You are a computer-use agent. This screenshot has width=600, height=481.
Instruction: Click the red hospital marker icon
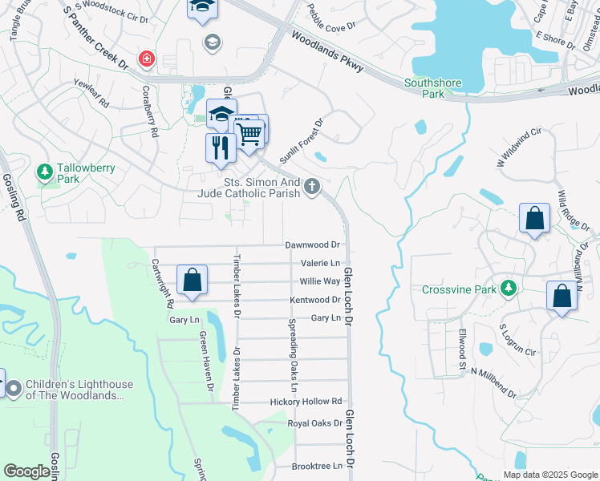point(146,59)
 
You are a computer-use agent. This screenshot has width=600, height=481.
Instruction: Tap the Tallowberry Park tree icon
point(45,172)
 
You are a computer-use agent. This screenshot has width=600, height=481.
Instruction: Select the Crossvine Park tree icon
point(506,288)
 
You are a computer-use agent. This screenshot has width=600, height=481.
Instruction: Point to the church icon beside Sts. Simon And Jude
point(312,188)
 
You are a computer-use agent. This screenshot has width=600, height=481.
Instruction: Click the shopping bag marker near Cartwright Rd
point(192,281)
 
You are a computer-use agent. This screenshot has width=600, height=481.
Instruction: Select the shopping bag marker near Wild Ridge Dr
point(534,218)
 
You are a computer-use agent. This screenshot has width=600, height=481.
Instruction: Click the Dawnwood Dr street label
point(313,245)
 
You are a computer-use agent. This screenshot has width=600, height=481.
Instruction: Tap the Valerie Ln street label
point(320,263)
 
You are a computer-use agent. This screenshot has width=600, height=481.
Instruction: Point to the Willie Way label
point(320,281)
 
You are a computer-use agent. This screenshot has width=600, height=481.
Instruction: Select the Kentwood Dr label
point(315,300)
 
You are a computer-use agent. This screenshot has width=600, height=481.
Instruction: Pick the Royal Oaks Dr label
point(314,422)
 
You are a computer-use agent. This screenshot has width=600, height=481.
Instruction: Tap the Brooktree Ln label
point(317,465)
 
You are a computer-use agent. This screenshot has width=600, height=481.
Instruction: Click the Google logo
point(27,471)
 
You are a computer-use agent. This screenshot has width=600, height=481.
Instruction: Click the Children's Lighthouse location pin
point(14,389)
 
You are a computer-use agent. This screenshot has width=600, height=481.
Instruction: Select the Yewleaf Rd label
point(90,99)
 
